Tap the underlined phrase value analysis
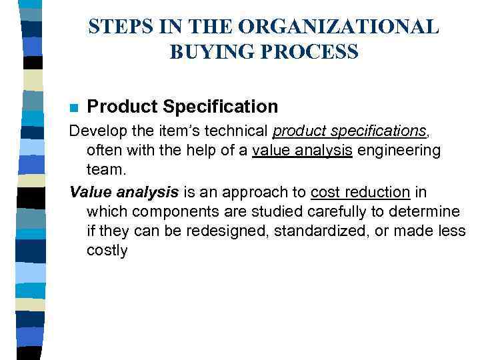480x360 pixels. click(302, 151)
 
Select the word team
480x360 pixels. click(106, 171)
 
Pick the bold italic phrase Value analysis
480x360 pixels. click(124, 192)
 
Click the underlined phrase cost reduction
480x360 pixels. click(360, 192)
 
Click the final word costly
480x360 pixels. click(107, 251)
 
